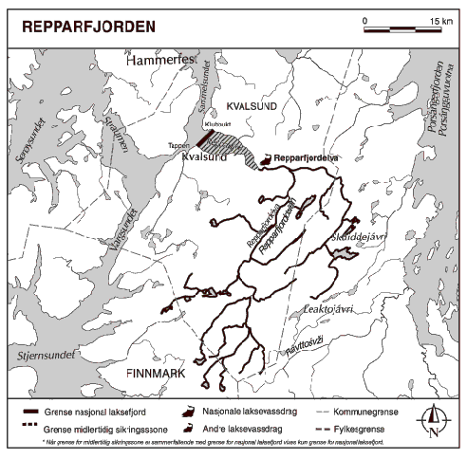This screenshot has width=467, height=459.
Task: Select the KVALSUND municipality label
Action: (252, 106)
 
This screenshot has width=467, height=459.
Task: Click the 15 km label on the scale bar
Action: (439, 21)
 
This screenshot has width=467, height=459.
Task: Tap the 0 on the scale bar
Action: (364, 21)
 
